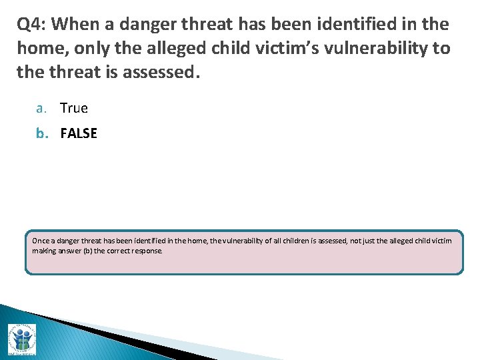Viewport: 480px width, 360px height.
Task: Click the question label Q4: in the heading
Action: (31, 25)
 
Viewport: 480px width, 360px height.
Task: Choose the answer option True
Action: (74, 108)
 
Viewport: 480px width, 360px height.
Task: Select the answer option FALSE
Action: (79, 133)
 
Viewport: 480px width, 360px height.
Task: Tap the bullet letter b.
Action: (41, 133)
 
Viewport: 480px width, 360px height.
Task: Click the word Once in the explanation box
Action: (40, 241)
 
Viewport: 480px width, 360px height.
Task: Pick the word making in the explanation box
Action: (44, 251)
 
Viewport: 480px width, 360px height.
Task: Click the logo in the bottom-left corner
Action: (22, 339)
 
